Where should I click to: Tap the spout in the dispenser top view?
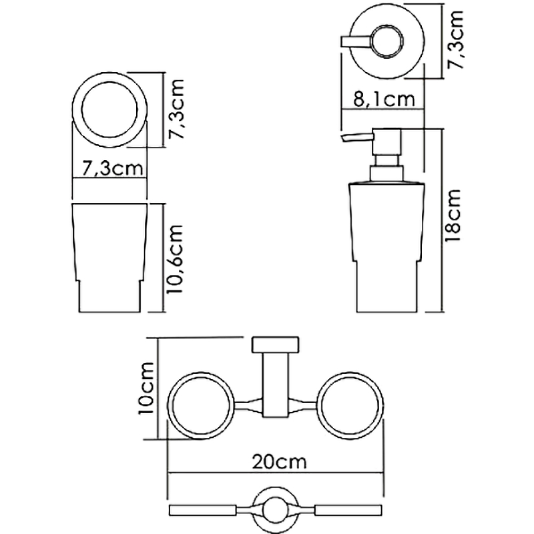click(x=354, y=42)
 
